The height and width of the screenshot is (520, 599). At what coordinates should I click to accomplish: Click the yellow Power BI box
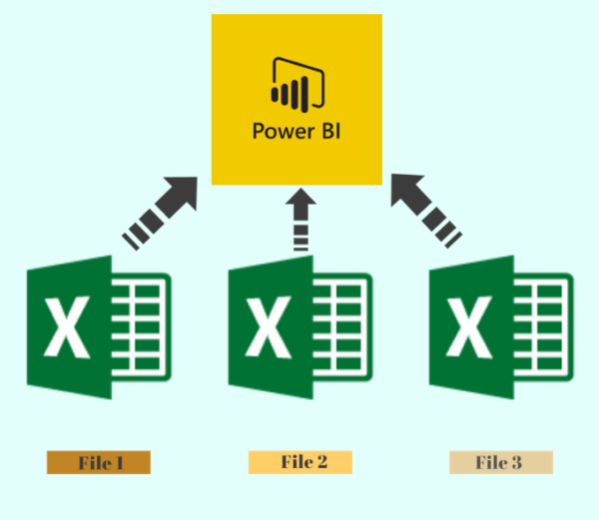(297, 100)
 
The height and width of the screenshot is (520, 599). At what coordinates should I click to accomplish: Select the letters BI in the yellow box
(327, 130)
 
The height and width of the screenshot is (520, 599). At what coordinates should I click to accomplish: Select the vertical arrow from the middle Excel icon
(297, 220)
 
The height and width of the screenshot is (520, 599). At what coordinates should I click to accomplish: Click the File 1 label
(98, 462)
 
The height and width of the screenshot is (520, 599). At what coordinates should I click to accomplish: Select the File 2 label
(299, 462)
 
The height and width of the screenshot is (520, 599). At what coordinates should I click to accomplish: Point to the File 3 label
(500, 462)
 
